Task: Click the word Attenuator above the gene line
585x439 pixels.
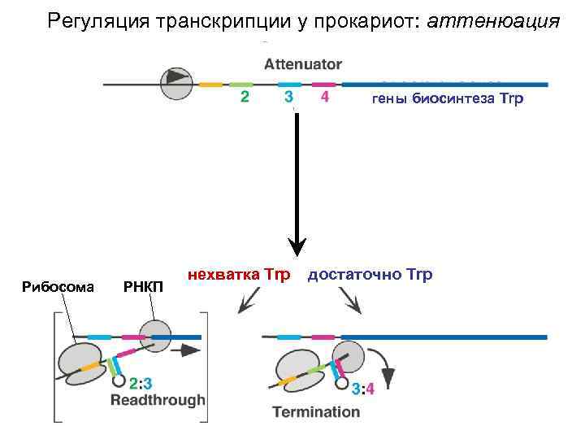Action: (303, 64)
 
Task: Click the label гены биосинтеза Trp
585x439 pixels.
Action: (448, 99)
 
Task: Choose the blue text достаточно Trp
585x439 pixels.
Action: (370, 275)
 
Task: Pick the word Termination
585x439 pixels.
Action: (316, 411)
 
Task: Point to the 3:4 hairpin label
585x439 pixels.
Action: (363, 389)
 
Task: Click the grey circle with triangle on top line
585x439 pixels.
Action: (175, 82)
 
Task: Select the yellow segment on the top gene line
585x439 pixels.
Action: (210, 84)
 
